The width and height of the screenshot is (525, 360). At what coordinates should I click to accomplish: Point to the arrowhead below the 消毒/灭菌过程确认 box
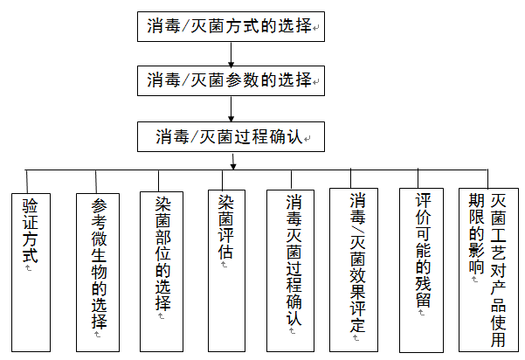point(232,164)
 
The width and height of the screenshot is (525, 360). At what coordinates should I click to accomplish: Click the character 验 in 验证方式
point(31,206)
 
